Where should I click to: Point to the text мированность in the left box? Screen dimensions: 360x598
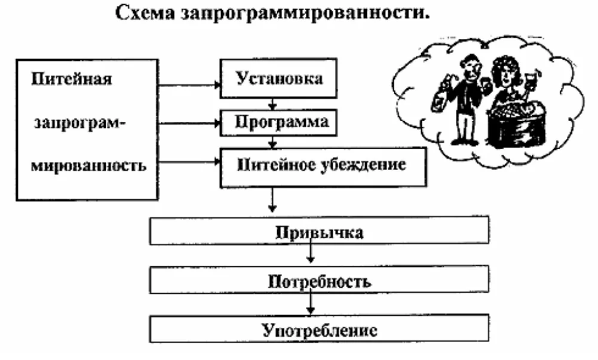coord(87,164)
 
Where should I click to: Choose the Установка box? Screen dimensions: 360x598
coord(274,78)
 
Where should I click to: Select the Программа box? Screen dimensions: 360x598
coord(274,122)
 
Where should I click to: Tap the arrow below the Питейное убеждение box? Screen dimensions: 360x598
coord(273,199)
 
